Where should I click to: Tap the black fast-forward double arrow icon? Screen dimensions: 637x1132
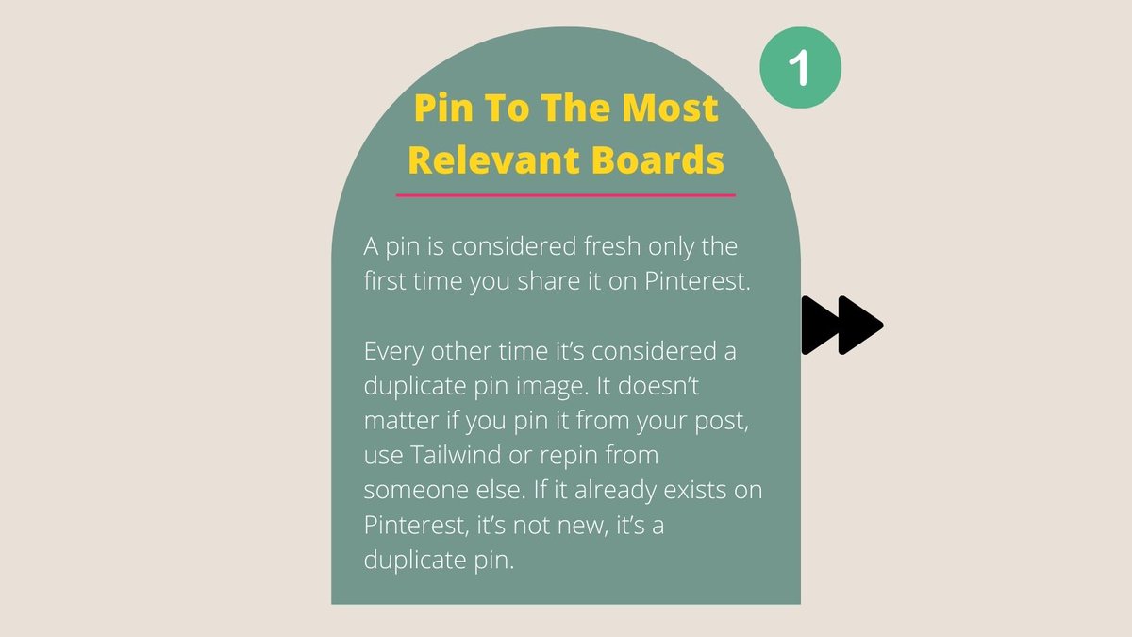tap(841, 326)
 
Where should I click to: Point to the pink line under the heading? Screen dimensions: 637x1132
tap(566, 195)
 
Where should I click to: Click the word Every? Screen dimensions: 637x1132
tap(394, 351)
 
